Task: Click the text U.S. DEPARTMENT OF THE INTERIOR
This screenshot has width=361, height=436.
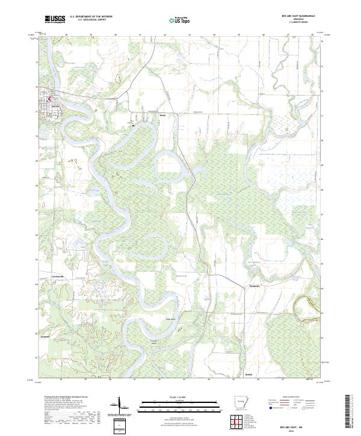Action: [x=91, y=16]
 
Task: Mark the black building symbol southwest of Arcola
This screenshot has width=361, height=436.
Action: [x=134, y=125]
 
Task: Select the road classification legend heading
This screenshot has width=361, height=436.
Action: [x=286, y=398]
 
